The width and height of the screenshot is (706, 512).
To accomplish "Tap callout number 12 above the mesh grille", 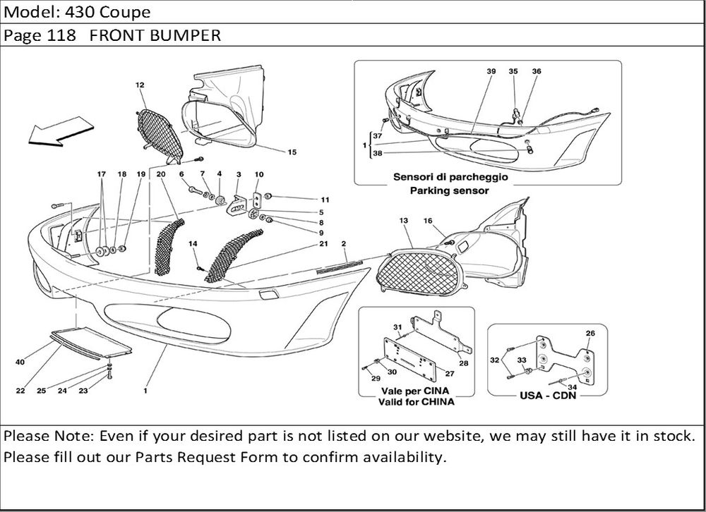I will (x=140, y=85).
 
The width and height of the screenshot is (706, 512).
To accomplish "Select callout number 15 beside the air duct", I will (x=292, y=152).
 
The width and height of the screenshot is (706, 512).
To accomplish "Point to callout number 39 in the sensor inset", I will (x=491, y=72).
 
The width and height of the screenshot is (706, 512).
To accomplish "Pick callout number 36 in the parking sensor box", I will (x=537, y=72).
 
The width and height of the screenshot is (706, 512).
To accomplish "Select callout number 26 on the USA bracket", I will (x=591, y=334).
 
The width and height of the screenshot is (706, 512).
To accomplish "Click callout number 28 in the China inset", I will (x=464, y=363).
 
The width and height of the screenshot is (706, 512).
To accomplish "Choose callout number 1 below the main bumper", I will (x=145, y=389).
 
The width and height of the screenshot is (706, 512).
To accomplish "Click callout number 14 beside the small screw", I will (x=193, y=243).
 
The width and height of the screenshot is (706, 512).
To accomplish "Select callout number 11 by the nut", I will (x=325, y=200).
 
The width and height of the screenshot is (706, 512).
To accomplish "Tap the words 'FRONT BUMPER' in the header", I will (x=155, y=36).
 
